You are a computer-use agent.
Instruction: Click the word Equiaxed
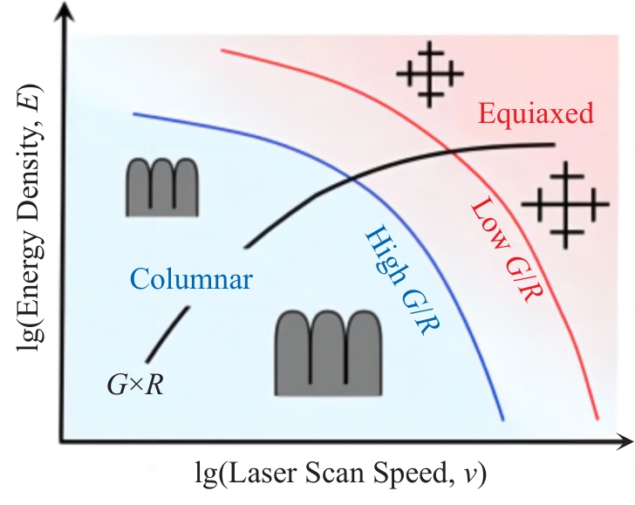[x=536, y=113]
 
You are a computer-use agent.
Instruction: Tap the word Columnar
[x=191, y=279]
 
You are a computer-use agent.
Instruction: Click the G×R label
[x=135, y=382]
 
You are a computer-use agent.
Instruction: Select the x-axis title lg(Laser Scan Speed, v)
[x=340, y=476]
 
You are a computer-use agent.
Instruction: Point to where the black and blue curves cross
[x=351, y=178]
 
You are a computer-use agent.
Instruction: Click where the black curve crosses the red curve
[x=457, y=152]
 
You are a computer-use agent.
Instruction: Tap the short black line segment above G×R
[x=167, y=334]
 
